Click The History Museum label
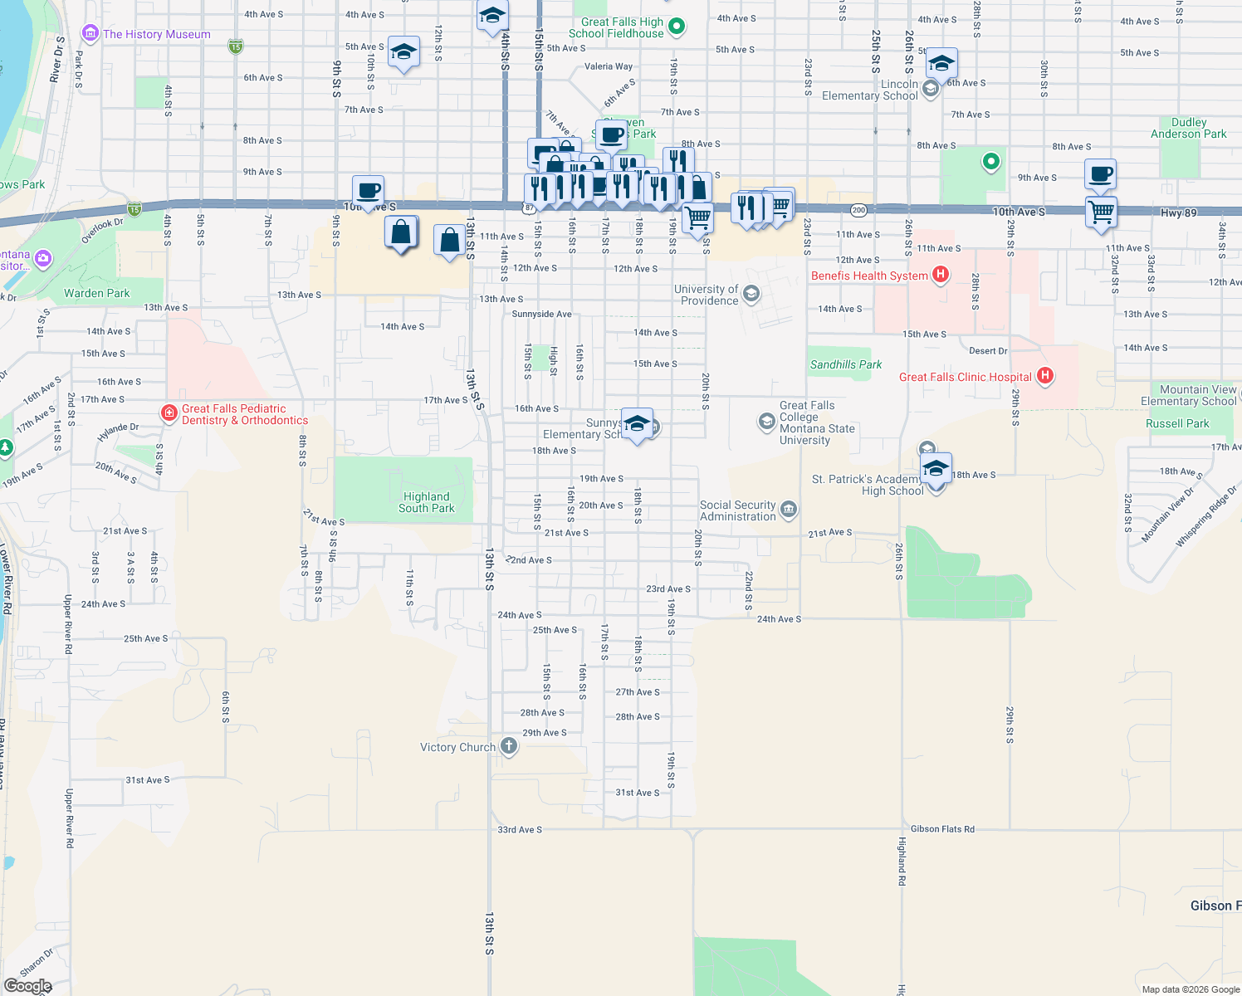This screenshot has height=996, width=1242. pyautogui.click(x=156, y=34)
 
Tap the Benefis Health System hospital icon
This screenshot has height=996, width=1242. pyautogui.click(x=941, y=274)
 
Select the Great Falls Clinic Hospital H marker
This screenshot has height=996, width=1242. pyautogui.click(x=1045, y=376)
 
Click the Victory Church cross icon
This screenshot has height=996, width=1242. pyautogui.click(x=509, y=746)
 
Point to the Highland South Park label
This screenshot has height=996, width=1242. pyautogui.click(x=427, y=502)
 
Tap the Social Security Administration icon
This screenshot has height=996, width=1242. pyautogui.click(x=789, y=509)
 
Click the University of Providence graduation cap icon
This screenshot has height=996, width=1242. pyautogui.click(x=751, y=294)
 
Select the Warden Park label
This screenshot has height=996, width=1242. pyautogui.click(x=97, y=293)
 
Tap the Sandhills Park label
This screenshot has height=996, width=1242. pyautogui.click(x=846, y=364)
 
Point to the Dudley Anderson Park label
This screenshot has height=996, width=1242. pyautogui.click(x=1188, y=128)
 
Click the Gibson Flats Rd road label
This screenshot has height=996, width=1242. pyautogui.click(x=942, y=829)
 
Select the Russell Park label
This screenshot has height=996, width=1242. pyautogui.click(x=1177, y=423)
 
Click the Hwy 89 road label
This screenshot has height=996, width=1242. pyautogui.click(x=1178, y=213)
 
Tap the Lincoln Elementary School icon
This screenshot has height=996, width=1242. pyautogui.click(x=930, y=88)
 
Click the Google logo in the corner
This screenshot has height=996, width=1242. pyautogui.click(x=27, y=986)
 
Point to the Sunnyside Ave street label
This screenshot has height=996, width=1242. pyautogui.click(x=541, y=314)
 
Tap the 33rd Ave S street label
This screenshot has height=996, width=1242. pyautogui.click(x=520, y=830)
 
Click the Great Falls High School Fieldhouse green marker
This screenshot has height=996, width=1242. pyautogui.click(x=677, y=27)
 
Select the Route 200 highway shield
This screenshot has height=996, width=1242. pyautogui.click(x=858, y=210)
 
